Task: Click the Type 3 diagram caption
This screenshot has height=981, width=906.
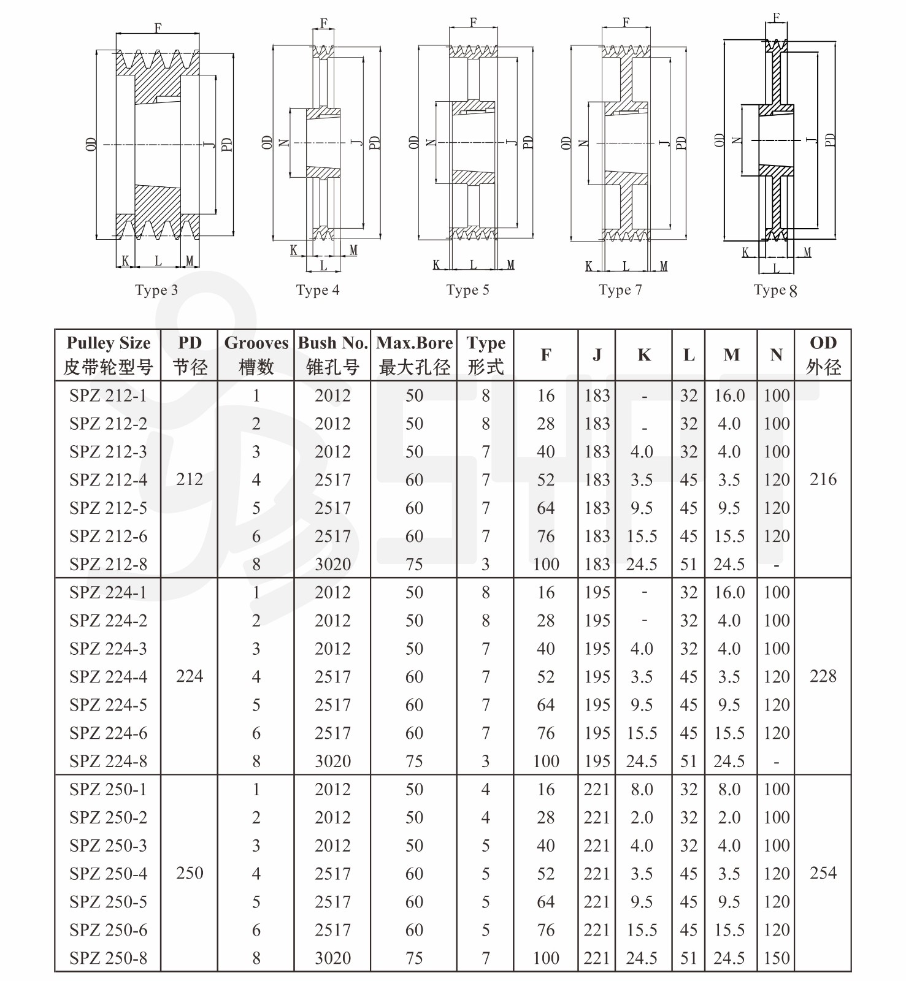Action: pyautogui.click(x=156, y=290)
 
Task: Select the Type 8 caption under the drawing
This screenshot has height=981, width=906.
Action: pyautogui.click(x=775, y=291)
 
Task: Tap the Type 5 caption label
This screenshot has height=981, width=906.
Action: pyautogui.click(x=467, y=290)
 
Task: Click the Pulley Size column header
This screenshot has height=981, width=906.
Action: pyautogui.click(x=108, y=355)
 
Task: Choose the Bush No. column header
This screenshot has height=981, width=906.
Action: pyautogui.click(x=332, y=355)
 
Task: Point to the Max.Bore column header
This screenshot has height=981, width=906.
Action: pyautogui.click(x=414, y=355)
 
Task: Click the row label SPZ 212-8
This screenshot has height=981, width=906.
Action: pyautogui.click(x=108, y=564)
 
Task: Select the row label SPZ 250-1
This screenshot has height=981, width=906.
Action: pyautogui.click(x=108, y=789)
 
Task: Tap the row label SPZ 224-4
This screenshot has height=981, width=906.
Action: pyautogui.click(x=108, y=676)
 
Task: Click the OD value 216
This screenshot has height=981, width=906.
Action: pyautogui.click(x=823, y=479)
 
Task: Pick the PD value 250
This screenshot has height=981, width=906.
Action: pyautogui.click(x=189, y=873)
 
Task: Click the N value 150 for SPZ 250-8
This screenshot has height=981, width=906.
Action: pyautogui.click(x=776, y=958)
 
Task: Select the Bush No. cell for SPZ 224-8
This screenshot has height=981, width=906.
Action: pyautogui.click(x=332, y=761)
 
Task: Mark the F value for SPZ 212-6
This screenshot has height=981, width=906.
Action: pyautogui.click(x=545, y=536)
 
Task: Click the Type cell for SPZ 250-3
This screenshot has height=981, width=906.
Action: pyautogui.click(x=485, y=845)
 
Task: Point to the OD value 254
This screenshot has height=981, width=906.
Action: pyautogui.click(x=823, y=873)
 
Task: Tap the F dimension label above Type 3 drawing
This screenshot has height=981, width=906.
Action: pyautogui.click(x=158, y=28)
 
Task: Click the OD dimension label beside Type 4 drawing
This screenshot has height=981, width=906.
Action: pyautogui.click(x=267, y=143)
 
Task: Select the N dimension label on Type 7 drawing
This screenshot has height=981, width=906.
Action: pyautogui.click(x=584, y=143)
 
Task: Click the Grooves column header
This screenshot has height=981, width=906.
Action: pyautogui.click(x=256, y=355)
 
